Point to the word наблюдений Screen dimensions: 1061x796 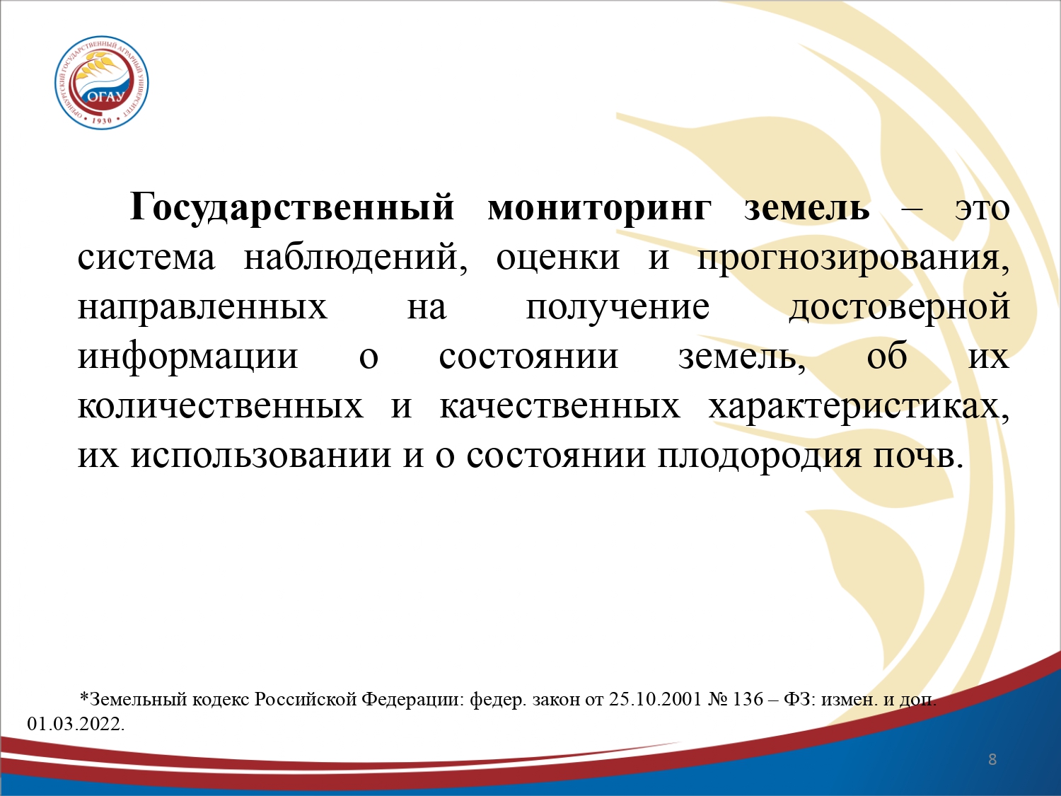click(356, 258)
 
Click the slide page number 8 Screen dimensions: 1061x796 click(992, 759)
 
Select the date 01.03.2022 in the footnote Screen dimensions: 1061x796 click(74, 724)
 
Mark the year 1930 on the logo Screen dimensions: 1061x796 click(102, 121)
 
